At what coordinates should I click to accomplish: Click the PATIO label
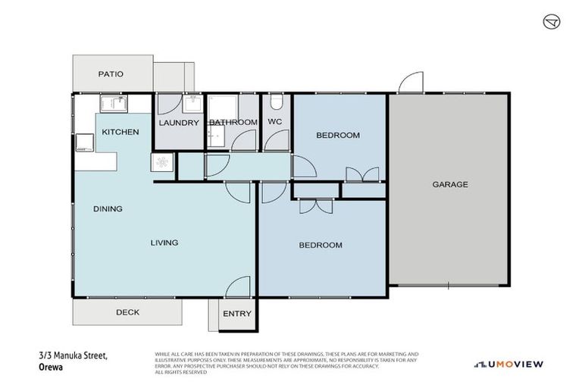pos(110,74)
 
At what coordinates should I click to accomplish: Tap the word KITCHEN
pos(120,132)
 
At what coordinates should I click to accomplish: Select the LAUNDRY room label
pos(179,123)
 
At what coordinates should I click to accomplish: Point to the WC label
pos(274,122)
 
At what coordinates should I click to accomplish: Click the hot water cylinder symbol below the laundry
pos(162,161)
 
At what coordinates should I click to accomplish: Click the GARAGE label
pos(450,184)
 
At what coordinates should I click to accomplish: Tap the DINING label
pos(108,208)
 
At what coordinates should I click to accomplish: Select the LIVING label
pos(164,242)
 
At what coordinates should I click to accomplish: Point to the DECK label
pos(127,311)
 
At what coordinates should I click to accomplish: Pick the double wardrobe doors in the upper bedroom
pos(362,175)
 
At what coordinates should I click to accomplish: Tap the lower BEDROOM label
pos(320,245)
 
